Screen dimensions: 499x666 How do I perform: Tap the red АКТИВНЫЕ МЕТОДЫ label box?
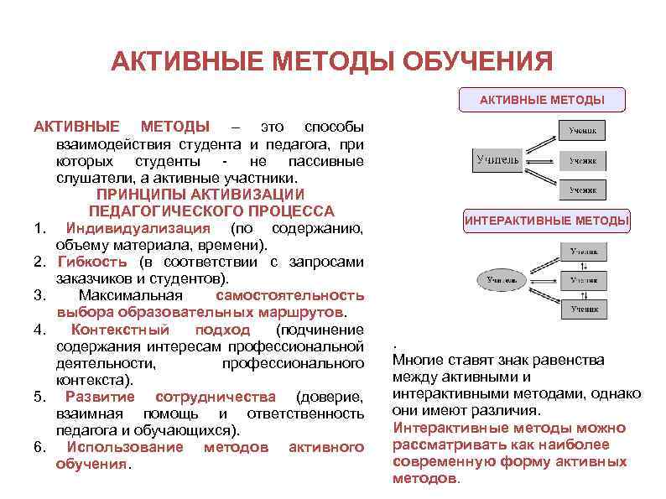click(542, 100)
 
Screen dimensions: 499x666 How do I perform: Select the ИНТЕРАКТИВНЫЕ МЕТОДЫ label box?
click(546, 221)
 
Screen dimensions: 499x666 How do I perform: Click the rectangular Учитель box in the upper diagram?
click(497, 159)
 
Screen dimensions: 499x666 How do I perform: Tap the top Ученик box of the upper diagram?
click(583, 131)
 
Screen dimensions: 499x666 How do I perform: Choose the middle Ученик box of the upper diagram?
click(583, 160)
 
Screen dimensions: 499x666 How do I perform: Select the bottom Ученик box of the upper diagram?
click(583, 190)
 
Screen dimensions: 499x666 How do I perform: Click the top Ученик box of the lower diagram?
click(584, 251)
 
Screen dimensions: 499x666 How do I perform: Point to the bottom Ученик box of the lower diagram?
click(584, 309)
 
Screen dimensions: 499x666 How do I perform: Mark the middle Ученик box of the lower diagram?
click(584, 280)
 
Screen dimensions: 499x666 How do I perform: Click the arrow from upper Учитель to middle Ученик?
click(540, 160)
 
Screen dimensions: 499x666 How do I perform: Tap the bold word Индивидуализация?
click(138, 229)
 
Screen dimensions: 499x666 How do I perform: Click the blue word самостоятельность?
click(289, 295)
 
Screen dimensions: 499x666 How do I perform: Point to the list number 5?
click(39, 397)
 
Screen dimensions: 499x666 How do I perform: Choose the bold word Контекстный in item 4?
click(119, 330)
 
